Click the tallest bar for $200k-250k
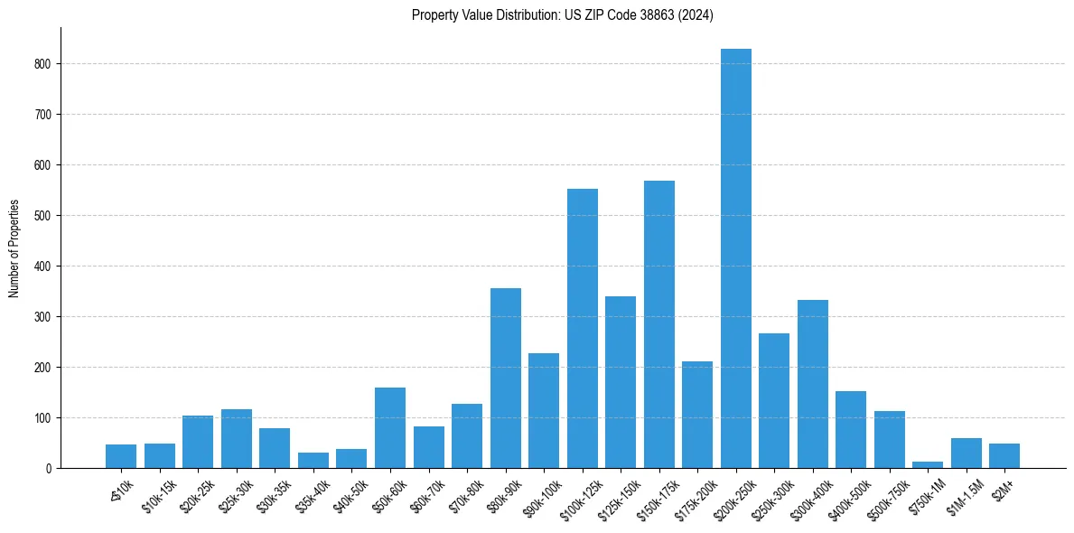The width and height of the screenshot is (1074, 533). click(x=735, y=258)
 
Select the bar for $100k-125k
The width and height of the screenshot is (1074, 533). click(x=582, y=329)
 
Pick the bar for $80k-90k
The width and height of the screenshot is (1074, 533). click(x=505, y=379)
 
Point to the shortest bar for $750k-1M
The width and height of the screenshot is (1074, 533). click(x=928, y=464)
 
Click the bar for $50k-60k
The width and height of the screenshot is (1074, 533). click(x=389, y=428)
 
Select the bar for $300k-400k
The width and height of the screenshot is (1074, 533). click(x=812, y=384)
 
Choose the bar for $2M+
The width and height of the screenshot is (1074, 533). click(x=1004, y=456)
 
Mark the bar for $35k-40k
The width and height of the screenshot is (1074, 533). click(x=313, y=461)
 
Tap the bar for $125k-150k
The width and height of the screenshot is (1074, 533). click(x=621, y=382)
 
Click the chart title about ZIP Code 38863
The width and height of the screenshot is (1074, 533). click(x=563, y=15)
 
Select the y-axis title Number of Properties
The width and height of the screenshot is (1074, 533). click(x=14, y=248)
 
